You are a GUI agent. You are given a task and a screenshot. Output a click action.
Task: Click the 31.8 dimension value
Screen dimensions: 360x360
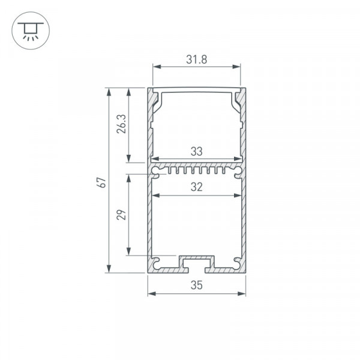click(x=197, y=59)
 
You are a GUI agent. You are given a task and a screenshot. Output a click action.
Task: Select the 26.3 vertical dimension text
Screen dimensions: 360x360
click(x=121, y=124)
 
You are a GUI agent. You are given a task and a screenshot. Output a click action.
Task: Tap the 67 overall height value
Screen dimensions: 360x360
click(x=101, y=182)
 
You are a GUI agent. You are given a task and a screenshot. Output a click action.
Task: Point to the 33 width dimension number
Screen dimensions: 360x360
click(x=197, y=152)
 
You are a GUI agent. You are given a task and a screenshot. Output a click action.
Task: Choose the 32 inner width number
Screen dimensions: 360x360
click(x=197, y=187)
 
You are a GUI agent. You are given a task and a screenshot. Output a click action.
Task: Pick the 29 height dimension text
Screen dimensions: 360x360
click(x=121, y=215)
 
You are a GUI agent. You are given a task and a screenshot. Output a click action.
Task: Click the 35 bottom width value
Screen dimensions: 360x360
click(x=197, y=285)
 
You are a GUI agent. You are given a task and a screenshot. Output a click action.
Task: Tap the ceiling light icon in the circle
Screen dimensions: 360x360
click(x=31, y=31)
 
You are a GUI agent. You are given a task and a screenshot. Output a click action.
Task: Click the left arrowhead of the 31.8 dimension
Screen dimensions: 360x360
click(x=157, y=67)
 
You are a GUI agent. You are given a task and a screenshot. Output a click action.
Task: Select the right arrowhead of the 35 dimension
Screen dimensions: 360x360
click(x=242, y=293)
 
